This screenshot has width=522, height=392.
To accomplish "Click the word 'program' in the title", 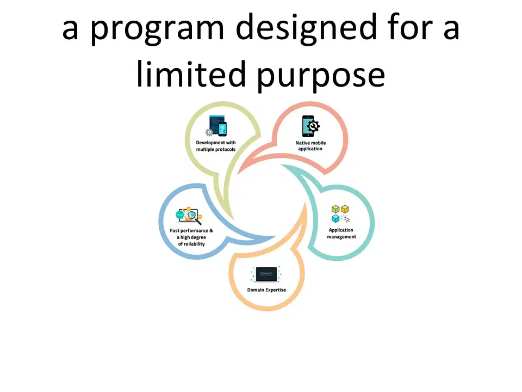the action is click(x=157, y=29).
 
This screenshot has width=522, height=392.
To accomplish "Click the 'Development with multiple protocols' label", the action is click(x=216, y=146).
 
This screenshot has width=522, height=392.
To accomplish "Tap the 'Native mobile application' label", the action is click(x=310, y=146).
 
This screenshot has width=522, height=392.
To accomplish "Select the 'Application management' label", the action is click(x=341, y=234).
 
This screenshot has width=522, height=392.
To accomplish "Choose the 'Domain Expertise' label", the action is click(x=266, y=290).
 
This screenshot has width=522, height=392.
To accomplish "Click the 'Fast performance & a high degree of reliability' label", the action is click(x=191, y=237).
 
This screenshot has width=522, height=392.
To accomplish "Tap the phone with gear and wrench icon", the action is click(x=310, y=126).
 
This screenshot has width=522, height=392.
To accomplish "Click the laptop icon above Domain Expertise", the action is click(x=266, y=274).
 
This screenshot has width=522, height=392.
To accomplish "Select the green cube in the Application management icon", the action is click(x=335, y=209).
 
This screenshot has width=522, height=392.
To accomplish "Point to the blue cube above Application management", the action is click(x=335, y=218).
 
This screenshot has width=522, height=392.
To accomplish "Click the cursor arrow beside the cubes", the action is click(x=346, y=219).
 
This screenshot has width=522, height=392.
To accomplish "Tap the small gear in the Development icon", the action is click(x=209, y=132).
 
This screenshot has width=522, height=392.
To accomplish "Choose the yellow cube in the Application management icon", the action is click(x=345, y=209).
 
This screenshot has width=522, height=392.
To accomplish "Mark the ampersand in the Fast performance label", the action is click(x=211, y=230).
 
